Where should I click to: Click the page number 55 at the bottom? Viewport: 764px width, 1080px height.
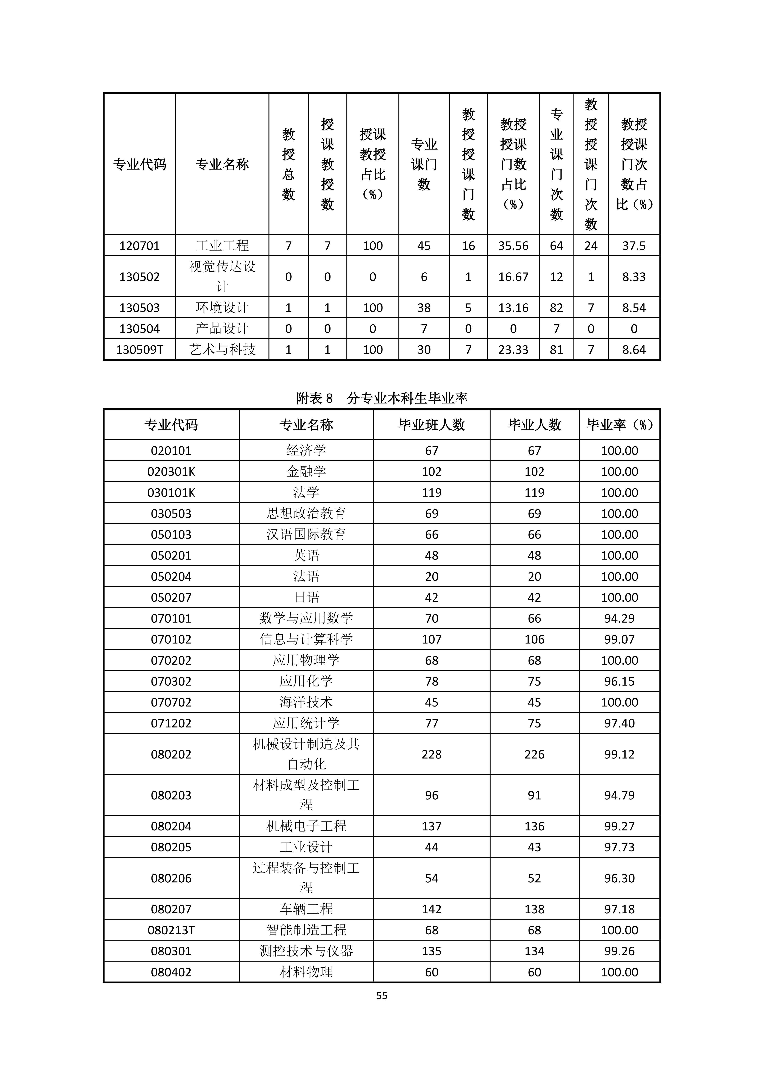click(x=382, y=995)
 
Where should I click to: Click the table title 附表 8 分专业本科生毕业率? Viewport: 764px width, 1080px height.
click(x=382, y=398)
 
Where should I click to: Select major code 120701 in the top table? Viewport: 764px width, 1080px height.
click(x=140, y=246)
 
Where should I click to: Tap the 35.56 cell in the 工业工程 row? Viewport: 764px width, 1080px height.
click(x=513, y=246)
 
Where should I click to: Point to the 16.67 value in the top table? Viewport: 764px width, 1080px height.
click(x=513, y=276)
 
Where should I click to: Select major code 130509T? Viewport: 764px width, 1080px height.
click(x=140, y=349)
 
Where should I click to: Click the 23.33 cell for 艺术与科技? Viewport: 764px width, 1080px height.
click(x=513, y=349)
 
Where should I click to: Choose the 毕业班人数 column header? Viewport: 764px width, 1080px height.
click(x=431, y=425)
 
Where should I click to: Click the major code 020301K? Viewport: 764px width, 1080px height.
click(x=171, y=471)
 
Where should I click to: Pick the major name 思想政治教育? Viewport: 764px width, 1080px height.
click(x=306, y=513)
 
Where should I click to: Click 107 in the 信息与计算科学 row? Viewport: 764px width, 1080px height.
click(x=431, y=639)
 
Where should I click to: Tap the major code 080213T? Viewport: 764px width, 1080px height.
click(x=171, y=930)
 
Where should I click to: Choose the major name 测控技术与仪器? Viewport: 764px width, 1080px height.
click(x=306, y=951)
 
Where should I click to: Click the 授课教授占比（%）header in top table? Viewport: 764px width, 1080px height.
click(x=373, y=164)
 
